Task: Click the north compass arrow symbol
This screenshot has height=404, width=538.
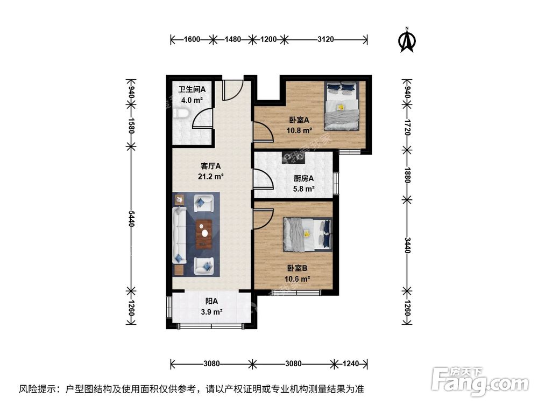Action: point(408,41)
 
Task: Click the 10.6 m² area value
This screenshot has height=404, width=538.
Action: point(298,278)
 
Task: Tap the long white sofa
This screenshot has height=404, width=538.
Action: point(179,235)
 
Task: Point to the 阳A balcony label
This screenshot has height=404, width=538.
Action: point(211,302)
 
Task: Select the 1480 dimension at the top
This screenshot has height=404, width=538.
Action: point(233,39)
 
